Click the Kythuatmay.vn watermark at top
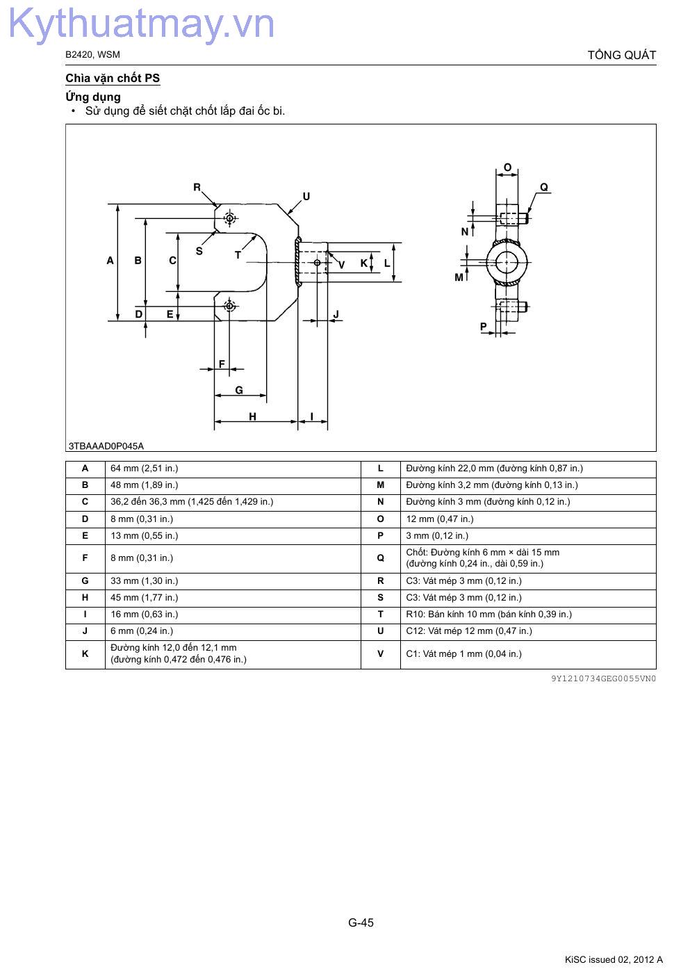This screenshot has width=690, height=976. coord(142,24)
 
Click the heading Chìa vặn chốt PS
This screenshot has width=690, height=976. coord(113,79)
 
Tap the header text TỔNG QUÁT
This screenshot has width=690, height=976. coord(622,55)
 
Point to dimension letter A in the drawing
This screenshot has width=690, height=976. coord(110,261)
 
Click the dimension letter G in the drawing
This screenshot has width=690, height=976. coord(239,390)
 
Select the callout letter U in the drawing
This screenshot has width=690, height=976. coord(306,197)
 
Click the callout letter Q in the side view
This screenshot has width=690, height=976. coord(544,187)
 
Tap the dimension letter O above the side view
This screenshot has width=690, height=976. coord(507,168)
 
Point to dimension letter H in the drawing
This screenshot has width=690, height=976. coord(253,416)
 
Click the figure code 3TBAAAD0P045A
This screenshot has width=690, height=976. coord(106,446)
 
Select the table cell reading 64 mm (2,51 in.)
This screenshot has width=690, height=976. coord(145,469)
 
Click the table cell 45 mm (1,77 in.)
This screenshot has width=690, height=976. coord(145,597)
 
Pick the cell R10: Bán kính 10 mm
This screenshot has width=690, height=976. coord(488,614)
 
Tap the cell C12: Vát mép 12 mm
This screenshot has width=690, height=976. coord(469,631)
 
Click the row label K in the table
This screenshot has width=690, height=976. coord(85,653)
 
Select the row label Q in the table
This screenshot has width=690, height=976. coord(380,558)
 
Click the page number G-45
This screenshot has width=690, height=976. coord(361,922)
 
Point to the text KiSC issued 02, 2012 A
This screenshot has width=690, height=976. coord(614,959)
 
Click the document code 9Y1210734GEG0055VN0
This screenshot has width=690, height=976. coord(603,678)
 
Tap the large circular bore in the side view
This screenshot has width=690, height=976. coord(507,263)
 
